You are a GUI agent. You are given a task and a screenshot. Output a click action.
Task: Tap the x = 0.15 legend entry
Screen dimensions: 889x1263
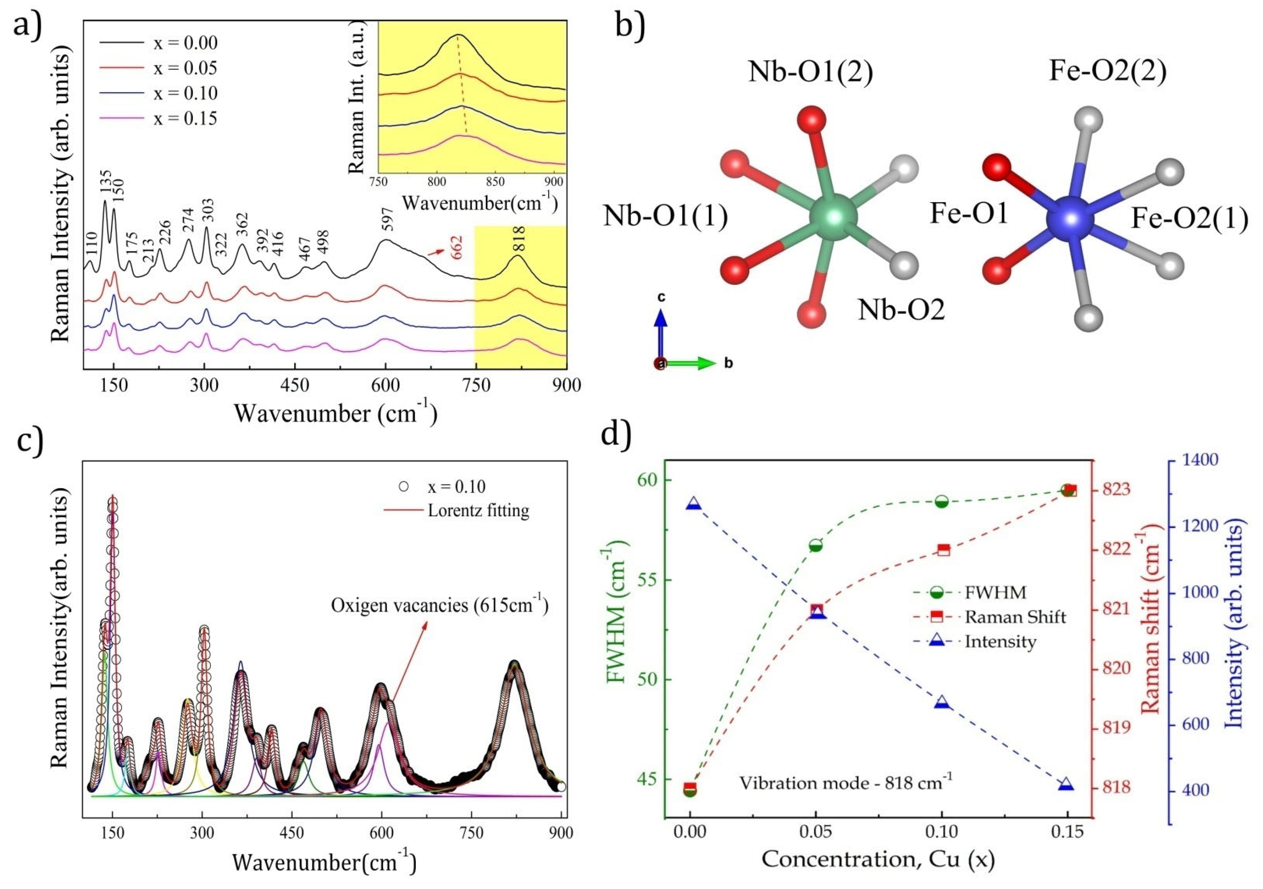coord(185,118)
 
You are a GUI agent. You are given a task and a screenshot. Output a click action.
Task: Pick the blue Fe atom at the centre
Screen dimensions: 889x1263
coord(1070,219)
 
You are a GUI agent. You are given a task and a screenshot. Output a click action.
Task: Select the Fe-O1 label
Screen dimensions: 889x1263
coord(968,213)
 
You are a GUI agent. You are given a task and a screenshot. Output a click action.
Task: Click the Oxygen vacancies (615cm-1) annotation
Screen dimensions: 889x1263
coord(439,605)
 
